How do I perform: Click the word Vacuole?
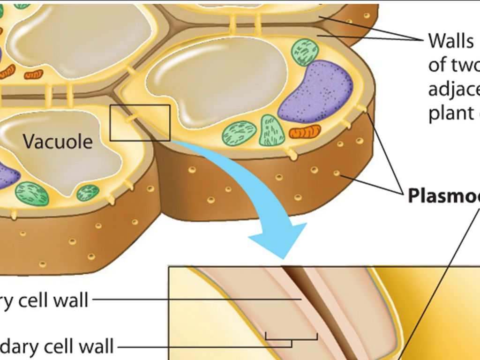(58, 141)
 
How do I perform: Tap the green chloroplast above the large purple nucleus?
(305, 52)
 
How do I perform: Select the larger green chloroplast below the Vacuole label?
(32, 193)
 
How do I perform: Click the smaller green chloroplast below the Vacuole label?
(88, 192)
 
